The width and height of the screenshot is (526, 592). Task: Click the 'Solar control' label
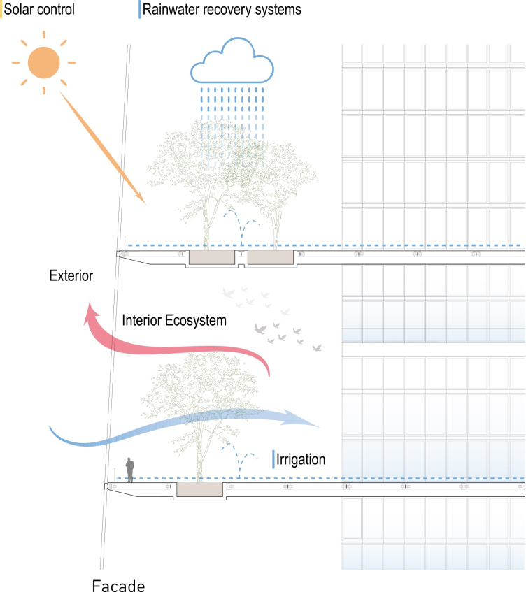pyautogui.click(x=39, y=10)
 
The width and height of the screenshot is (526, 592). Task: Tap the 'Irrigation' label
pyautogui.click(x=302, y=459)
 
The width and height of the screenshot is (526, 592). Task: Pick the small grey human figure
pyautogui.click(x=129, y=470)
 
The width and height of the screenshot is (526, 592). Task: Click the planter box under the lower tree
pyautogui.click(x=199, y=489)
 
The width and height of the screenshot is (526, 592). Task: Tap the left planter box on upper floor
pyautogui.click(x=213, y=258)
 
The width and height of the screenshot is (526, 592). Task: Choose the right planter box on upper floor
pyautogui.click(x=270, y=258)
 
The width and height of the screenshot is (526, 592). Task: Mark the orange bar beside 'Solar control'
pyautogui.click(x=1, y=10)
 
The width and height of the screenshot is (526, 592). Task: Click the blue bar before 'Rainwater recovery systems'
pyautogui.click(x=140, y=10)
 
